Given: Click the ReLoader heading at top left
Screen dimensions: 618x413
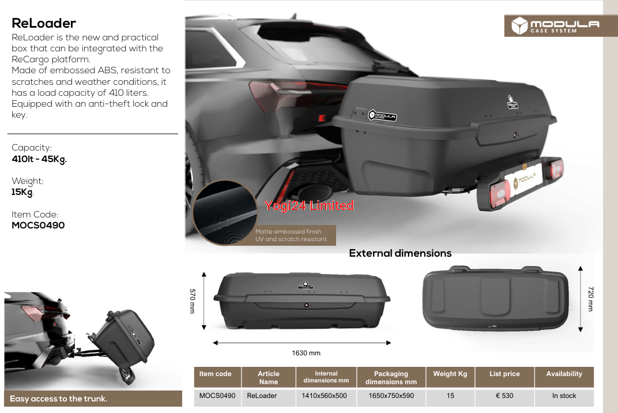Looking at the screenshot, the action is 44,23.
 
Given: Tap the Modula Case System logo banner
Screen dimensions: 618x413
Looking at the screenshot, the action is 561,25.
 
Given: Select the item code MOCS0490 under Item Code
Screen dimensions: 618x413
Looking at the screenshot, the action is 38,225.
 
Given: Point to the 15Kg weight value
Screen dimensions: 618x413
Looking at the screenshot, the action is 22,192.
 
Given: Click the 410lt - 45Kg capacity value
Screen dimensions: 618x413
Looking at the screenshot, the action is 39,159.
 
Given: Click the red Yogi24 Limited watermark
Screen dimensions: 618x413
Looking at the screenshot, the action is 309,205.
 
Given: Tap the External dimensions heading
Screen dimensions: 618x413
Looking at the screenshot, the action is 400,253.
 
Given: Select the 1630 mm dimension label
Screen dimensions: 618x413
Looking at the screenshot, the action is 306,353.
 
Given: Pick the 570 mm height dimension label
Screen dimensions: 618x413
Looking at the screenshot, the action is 193,301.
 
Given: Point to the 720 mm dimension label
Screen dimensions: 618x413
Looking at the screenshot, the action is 590,299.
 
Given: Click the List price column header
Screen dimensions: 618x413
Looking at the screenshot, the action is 504,374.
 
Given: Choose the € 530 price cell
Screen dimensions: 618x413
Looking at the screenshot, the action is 504,396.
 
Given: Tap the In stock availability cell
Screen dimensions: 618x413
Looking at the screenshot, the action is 564,396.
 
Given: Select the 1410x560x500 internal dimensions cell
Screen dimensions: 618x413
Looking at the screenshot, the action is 324,396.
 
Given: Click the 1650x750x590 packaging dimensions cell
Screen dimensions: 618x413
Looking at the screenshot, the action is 391,396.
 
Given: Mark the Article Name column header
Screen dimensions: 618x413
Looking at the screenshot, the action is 269,377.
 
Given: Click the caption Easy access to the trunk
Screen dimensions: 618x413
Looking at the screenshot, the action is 58,399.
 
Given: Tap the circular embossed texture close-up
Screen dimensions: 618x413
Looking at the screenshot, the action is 224,212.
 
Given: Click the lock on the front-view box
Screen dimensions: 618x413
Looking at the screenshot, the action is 306,305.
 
